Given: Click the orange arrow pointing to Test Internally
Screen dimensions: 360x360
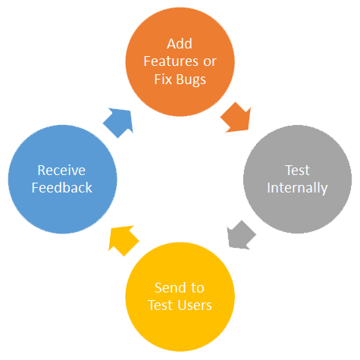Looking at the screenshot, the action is click(236, 117).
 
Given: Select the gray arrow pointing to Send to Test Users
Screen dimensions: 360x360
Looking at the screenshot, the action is click(241, 235).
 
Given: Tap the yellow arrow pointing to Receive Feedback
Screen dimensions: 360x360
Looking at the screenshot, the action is click(123, 240).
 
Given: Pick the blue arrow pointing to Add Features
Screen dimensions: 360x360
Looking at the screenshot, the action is click(119, 123).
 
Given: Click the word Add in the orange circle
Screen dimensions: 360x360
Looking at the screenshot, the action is click(180, 44).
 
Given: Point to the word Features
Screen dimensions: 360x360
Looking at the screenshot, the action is click(171, 61).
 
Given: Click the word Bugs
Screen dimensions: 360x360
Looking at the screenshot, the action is click(191, 80).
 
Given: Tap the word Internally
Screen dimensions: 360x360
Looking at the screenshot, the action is click(297, 188).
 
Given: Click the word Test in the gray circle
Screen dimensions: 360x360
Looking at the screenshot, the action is click(297, 171).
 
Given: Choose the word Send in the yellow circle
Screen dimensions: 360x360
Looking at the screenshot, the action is click(171, 288).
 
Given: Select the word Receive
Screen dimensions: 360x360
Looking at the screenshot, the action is click(61, 171).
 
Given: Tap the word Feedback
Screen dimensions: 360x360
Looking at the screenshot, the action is click(62, 188).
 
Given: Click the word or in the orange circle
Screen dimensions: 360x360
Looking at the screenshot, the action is click(210, 62).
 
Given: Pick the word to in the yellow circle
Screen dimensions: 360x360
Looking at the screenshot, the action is click(197, 288).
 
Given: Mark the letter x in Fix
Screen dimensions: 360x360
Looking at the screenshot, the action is click(169, 80).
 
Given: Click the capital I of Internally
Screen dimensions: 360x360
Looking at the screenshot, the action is click(268, 188).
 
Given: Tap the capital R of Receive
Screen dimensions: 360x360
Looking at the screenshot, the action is click(42, 171).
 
